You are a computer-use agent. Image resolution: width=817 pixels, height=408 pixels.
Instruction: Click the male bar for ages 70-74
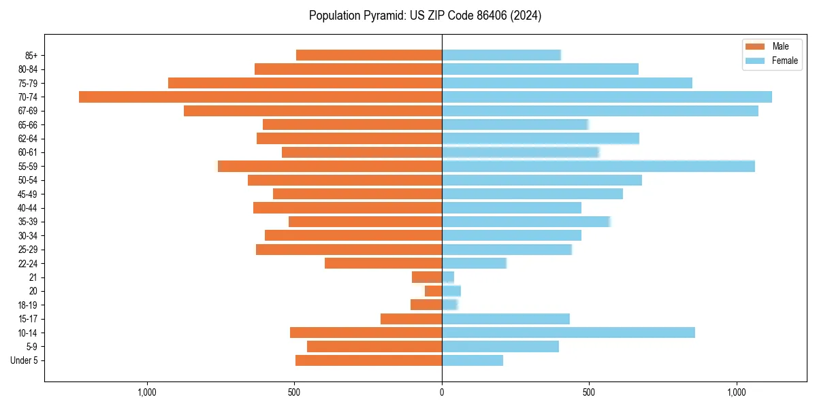click(260, 97)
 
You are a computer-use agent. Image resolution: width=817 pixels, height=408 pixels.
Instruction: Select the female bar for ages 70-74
click(607, 97)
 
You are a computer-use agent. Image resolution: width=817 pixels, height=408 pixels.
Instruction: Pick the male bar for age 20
click(434, 291)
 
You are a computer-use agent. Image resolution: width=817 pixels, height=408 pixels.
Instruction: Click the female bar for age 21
click(448, 277)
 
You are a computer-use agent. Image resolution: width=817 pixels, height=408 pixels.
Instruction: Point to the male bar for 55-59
click(330, 166)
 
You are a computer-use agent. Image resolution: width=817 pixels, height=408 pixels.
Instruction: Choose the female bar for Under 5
click(472, 360)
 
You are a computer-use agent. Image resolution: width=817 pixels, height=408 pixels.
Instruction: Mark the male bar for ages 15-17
click(411, 319)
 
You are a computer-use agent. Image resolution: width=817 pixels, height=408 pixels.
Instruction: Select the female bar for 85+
click(501, 55)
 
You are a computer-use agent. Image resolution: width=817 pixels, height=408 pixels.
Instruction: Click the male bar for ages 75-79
click(305, 83)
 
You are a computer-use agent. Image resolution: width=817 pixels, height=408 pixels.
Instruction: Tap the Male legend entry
click(775, 46)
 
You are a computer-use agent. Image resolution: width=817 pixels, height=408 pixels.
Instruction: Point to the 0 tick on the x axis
click(442, 392)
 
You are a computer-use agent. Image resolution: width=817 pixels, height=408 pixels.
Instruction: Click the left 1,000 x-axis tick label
click(147, 392)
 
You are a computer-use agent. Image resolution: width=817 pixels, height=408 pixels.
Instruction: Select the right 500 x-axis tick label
click(590, 392)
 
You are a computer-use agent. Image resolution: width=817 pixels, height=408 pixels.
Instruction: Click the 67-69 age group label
click(28, 111)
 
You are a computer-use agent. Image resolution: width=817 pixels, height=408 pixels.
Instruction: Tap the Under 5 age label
click(24, 360)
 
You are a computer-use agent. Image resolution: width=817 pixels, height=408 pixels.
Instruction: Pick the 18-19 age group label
click(28, 305)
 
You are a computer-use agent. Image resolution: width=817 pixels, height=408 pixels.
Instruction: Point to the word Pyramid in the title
click(382, 16)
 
